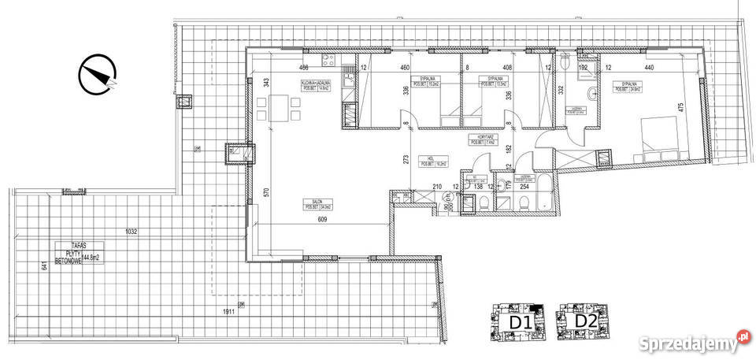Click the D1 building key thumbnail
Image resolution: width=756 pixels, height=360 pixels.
513,322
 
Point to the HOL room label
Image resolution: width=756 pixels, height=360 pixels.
426,161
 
